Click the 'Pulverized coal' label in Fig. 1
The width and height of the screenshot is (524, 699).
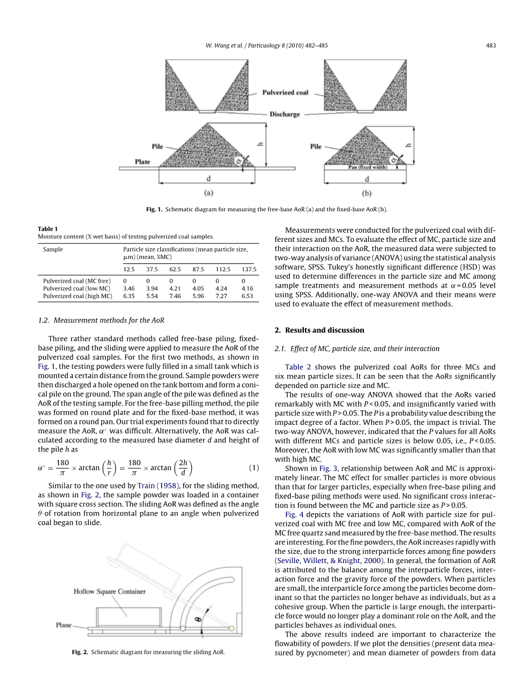point(285,92)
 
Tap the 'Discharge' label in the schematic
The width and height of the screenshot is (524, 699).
point(284,114)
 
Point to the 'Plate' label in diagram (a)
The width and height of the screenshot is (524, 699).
point(143,161)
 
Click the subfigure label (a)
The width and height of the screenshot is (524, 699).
point(208,193)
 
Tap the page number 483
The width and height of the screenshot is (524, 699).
point(491,46)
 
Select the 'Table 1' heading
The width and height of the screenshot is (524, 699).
point(48,229)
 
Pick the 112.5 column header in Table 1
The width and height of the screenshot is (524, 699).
point(222,269)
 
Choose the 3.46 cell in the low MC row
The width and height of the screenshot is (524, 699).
point(128,288)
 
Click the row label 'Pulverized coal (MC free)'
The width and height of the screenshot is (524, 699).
point(77,280)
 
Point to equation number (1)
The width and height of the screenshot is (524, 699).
point(254,468)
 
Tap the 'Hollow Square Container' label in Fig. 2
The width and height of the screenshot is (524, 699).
point(110,591)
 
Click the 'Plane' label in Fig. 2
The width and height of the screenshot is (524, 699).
point(63,625)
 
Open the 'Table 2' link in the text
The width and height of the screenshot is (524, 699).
point(297,367)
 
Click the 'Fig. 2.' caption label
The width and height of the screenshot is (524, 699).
point(80,653)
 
